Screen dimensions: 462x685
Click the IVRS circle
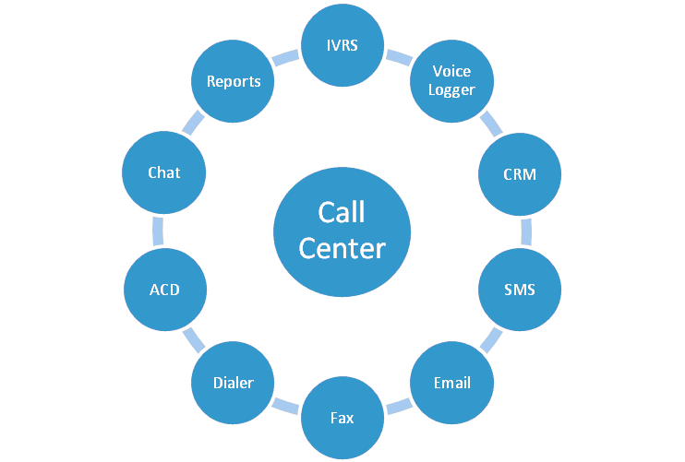pos(342,44)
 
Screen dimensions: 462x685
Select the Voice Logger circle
pos(451,81)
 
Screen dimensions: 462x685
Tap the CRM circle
pos(520,172)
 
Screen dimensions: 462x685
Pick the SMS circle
pos(520,290)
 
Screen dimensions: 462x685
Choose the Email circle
pos(451,383)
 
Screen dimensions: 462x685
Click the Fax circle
pos(342,418)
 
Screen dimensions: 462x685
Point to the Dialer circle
pos(233,383)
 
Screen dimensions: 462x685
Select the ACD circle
pos(164,290)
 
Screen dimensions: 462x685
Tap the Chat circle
pos(164,172)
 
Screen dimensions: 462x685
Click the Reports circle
pos(233,81)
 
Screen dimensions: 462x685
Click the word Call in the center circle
pos(342,212)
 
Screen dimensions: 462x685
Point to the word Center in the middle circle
pos(342,247)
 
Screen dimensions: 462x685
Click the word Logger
pos(451,89)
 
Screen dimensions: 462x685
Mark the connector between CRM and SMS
pos(526,231)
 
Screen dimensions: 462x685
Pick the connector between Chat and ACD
pos(158,231)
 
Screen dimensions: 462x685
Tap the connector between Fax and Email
pos(399,405)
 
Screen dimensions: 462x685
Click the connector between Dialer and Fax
pos(287,405)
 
